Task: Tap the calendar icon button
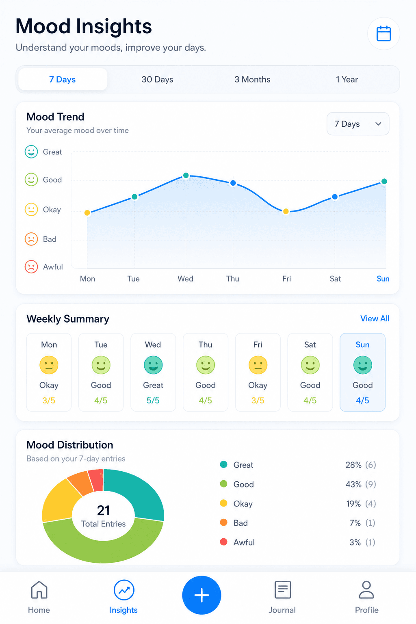point(383,34)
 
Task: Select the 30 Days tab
point(157,79)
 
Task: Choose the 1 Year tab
point(347,79)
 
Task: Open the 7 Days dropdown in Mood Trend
point(358,123)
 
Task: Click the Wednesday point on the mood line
point(186,175)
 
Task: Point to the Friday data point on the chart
point(286,211)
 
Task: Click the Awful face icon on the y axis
point(31,266)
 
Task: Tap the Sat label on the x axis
point(335,279)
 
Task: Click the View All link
point(375,318)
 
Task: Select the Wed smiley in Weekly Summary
point(153,365)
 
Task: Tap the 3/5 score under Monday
point(48,400)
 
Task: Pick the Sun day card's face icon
point(362,365)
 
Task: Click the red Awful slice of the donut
point(96,480)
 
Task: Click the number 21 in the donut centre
point(103,510)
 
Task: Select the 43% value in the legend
point(353,484)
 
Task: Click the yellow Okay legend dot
point(223,503)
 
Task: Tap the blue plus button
point(201,595)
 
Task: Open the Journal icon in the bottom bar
point(282,589)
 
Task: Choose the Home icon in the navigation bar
point(39,589)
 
